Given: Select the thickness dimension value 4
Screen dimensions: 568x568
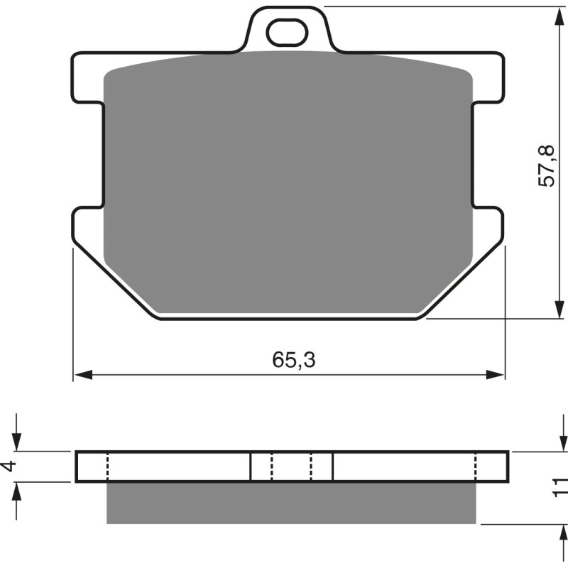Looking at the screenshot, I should click(8, 466).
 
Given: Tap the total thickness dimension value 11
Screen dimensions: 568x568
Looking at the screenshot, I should click(561, 486).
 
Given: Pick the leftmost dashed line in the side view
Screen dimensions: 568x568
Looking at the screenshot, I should click(107, 466).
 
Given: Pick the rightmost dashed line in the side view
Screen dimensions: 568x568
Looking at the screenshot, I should click(475, 466).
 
